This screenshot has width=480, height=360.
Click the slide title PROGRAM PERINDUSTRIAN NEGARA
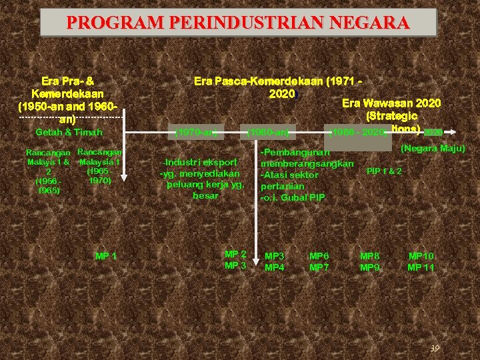pos(238,23)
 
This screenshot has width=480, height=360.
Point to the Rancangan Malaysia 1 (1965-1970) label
pos(99,166)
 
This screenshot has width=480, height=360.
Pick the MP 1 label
pos(106,256)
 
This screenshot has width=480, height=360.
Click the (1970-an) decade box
pos(196,132)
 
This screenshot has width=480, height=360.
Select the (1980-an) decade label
pos(268,132)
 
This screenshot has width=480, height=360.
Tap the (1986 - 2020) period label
pos(357,133)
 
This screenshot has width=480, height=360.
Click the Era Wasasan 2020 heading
pos(391,103)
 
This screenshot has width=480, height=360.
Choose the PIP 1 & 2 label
pos(384,171)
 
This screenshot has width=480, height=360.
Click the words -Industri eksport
pos(201,162)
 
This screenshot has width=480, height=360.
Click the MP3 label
pos(275,256)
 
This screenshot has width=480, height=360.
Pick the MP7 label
pos(319,267)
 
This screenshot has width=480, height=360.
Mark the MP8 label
pos(370,256)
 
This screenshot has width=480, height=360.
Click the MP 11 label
pos(421,267)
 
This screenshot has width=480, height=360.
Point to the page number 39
pos(434,349)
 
